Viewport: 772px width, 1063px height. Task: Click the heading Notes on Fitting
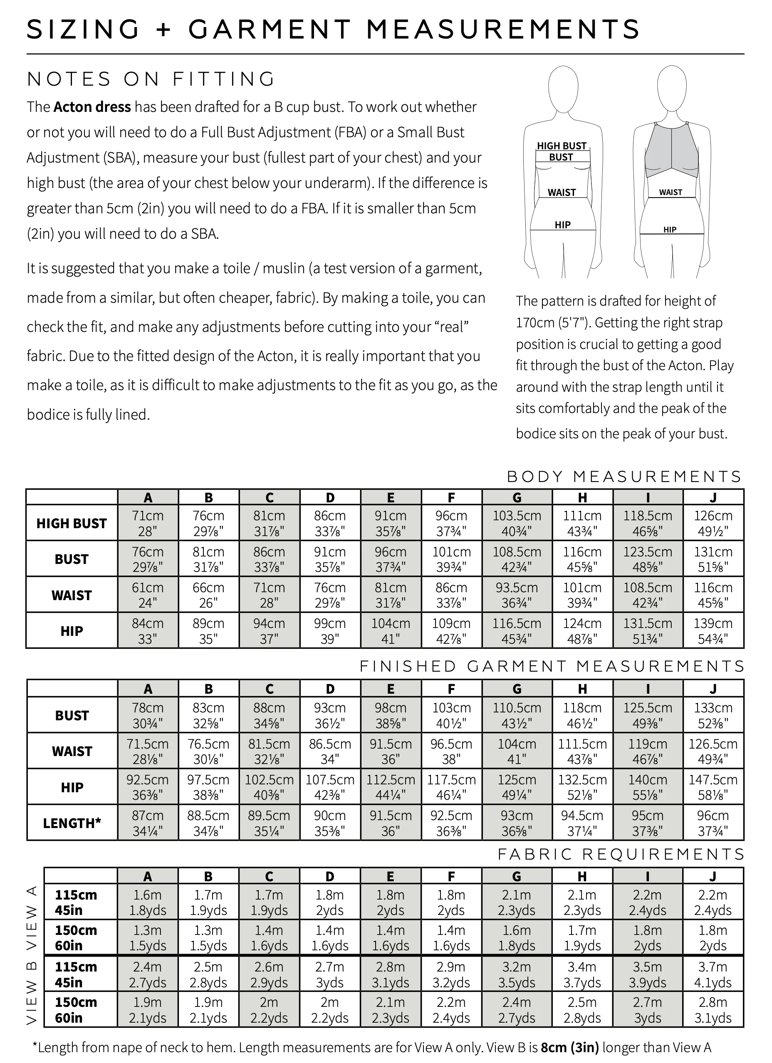click(151, 79)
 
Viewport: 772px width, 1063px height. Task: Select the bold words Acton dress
click(92, 107)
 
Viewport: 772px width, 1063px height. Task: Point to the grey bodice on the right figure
click(672, 152)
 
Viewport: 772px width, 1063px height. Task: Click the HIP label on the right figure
click(670, 230)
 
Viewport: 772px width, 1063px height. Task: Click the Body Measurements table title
click(624, 477)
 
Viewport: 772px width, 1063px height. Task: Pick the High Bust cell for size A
click(148, 523)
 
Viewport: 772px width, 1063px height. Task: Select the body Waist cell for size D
click(330, 595)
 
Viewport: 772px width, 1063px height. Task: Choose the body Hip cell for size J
click(713, 631)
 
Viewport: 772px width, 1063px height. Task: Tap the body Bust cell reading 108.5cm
click(517, 559)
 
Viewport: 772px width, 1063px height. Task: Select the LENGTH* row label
click(72, 823)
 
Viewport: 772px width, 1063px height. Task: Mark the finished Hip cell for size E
click(391, 787)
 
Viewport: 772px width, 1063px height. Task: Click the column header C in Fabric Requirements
click(269, 876)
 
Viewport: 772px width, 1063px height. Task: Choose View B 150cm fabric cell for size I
click(647, 1010)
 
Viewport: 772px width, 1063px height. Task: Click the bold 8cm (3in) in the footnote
click(569, 1048)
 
